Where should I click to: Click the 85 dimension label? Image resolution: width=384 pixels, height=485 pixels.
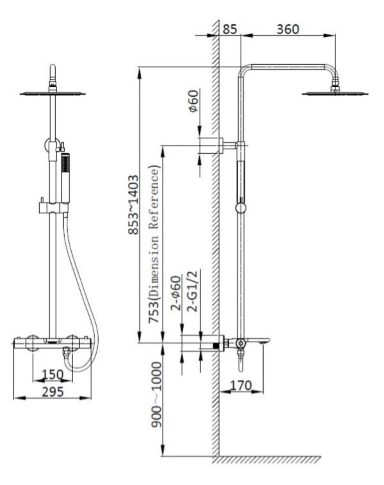(230, 29)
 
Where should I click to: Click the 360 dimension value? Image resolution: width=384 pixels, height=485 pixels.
(287, 29)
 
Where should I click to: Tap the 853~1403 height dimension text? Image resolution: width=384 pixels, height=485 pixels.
(134, 205)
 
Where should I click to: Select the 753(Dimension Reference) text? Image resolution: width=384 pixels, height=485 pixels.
(154, 244)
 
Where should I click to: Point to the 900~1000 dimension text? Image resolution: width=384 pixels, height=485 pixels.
(156, 395)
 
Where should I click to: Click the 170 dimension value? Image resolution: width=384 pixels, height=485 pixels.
(241, 386)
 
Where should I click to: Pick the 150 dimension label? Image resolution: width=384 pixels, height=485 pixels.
(52, 374)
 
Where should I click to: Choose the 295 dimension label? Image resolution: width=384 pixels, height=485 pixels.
(53, 391)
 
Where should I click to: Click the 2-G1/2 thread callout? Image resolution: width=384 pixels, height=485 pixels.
(192, 291)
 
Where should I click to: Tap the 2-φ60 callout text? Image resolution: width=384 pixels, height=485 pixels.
(175, 293)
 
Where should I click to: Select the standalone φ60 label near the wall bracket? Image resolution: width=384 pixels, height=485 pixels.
(193, 101)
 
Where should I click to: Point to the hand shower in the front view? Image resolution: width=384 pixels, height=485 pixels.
(65, 178)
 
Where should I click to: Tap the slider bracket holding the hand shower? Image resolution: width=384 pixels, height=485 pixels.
(53, 208)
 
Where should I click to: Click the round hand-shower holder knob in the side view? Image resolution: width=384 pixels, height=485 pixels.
(241, 208)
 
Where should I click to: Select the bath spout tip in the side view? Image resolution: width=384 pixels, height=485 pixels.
(266, 341)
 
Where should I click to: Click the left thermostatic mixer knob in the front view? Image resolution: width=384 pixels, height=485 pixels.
(32, 343)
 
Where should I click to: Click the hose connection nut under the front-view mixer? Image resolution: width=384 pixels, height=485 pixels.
(66, 352)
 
